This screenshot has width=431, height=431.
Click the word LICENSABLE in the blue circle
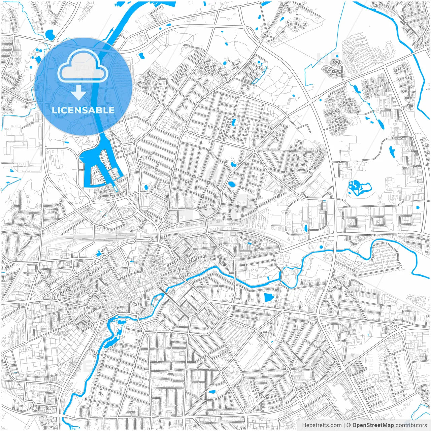click(83, 110)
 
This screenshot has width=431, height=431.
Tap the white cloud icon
click(83, 66)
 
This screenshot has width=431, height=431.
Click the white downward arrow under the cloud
click(79, 92)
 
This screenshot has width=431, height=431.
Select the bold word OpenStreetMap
click(373, 425)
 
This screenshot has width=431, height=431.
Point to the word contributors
click(411, 425)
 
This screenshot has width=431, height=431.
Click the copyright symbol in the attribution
click(349, 425)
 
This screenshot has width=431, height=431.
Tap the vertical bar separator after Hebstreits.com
click(344, 425)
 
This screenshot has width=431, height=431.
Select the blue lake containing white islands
click(359, 188)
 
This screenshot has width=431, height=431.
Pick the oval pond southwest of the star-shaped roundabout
click(231, 184)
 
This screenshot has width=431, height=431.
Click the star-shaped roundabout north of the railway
click(255, 151)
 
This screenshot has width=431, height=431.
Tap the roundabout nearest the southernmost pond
click(203, 360)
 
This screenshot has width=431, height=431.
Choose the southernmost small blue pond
click(212, 392)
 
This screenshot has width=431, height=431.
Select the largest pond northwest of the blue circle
click(49, 34)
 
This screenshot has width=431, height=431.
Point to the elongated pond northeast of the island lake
click(392, 152)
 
